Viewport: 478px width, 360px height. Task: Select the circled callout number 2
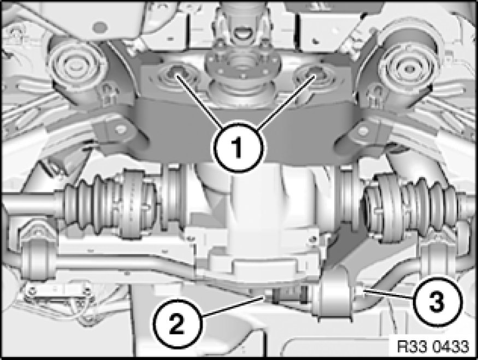click(178, 323)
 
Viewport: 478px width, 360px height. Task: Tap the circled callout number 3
click(436, 301)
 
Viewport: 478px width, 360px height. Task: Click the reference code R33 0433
click(433, 346)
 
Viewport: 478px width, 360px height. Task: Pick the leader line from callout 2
click(233, 306)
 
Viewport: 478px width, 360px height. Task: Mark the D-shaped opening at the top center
click(243, 32)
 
